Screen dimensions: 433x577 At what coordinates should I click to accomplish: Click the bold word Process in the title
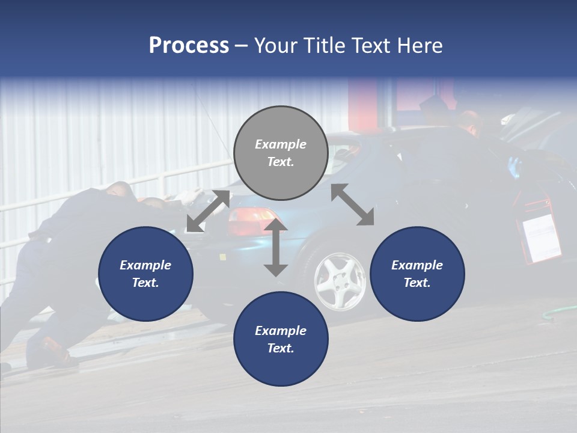click(x=189, y=46)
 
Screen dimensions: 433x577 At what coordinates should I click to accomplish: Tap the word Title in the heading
click(x=322, y=46)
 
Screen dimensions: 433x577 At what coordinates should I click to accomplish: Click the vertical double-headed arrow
click(x=276, y=247)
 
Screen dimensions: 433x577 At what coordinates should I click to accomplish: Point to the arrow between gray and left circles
click(x=208, y=211)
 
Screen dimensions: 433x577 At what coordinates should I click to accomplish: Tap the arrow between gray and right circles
click(x=352, y=204)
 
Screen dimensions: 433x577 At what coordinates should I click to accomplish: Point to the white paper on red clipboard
click(x=542, y=238)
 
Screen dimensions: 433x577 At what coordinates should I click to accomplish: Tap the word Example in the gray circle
click(x=281, y=144)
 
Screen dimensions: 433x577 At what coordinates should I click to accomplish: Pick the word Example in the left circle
click(x=145, y=265)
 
